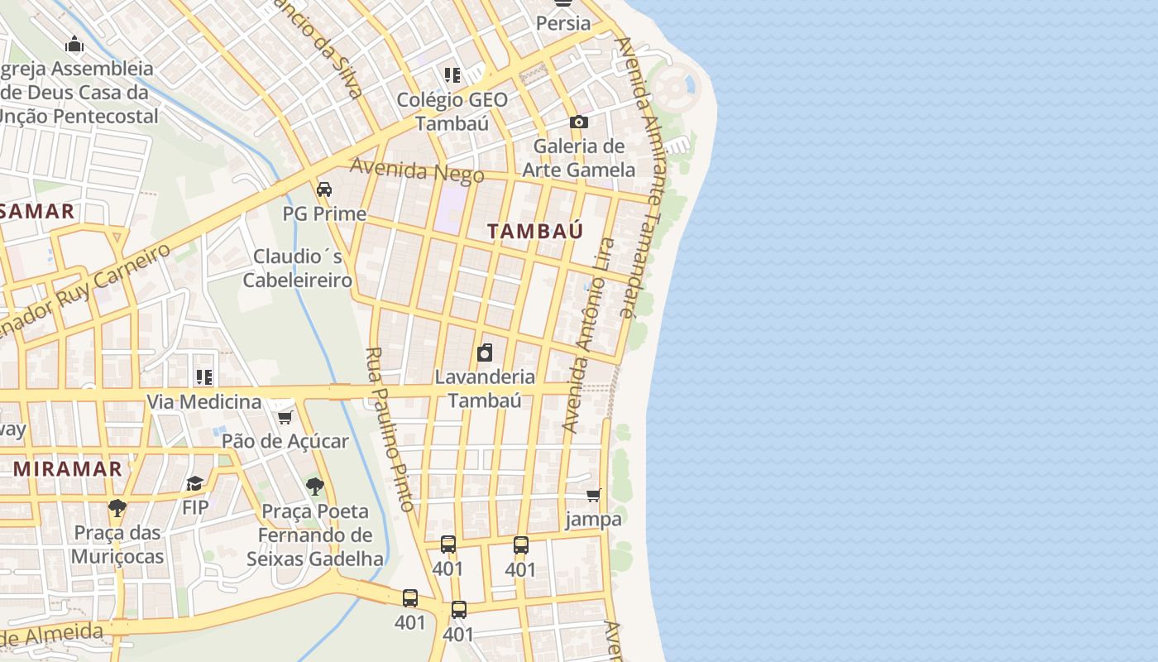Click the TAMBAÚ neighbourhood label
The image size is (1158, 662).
tap(535, 232)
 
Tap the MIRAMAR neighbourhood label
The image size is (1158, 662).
tap(68, 469)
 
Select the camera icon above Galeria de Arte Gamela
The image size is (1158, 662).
tap(579, 122)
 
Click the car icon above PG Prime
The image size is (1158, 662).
tap(324, 189)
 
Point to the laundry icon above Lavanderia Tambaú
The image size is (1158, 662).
tap(485, 353)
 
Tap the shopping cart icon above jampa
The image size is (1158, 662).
tap(593, 496)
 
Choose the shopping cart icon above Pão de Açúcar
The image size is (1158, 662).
tap(285, 417)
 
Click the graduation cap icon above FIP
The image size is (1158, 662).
tap(194, 483)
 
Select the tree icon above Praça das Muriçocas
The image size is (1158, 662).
tap(117, 507)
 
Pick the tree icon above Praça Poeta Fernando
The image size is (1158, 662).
tap(314, 486)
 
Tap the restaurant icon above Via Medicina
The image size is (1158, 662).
tap(203, 377)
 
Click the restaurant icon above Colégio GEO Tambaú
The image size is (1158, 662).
tap(452, 75)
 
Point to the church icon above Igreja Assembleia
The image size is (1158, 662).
tap(74, 44)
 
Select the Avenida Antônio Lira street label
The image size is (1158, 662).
tap(588, 335)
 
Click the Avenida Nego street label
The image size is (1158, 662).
tap(417, 170)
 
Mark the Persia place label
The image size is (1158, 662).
tap(563, 23)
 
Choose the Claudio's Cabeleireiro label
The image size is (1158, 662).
tap(298, 268)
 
